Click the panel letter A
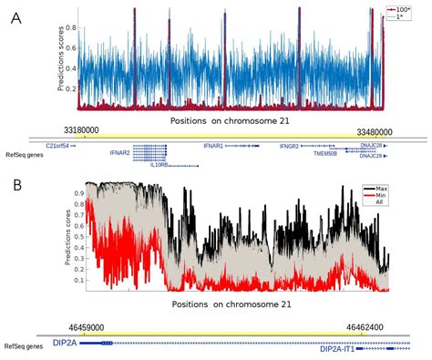(x=16, y=19)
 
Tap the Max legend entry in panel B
(x=375, y=189)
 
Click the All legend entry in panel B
(x=375, y=205)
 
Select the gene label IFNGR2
(x=290, y=145)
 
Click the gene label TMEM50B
(x=324, y=154)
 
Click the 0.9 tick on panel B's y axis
(x=77, y=192)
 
